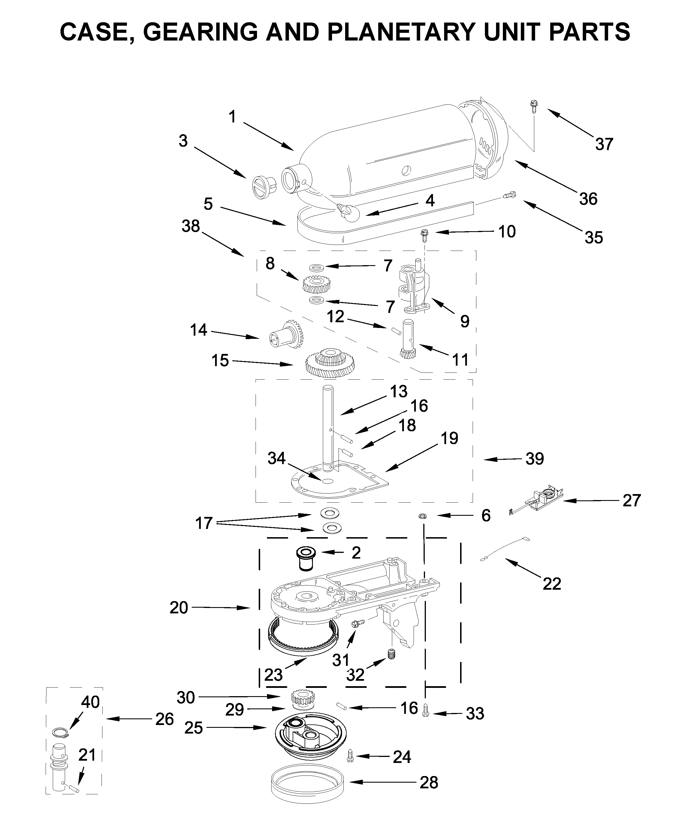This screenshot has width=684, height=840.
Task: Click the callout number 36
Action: [588, 199]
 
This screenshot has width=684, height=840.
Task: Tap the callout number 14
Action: [198, 330]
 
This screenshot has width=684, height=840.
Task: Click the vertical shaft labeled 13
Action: [328, 428]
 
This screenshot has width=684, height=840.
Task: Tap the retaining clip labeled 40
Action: [60, 733]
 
